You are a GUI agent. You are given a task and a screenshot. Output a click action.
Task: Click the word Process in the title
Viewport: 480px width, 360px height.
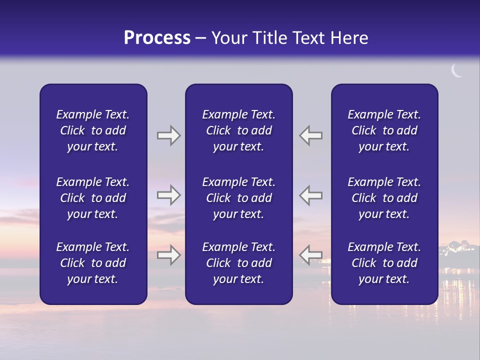157,38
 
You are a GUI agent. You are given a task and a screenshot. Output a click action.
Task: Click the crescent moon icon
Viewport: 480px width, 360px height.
456,70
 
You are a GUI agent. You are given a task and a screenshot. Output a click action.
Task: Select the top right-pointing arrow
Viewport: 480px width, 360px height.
168,135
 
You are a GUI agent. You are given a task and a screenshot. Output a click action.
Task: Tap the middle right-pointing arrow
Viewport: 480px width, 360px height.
168,195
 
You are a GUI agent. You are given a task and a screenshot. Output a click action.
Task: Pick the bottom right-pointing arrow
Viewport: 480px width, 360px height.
168,255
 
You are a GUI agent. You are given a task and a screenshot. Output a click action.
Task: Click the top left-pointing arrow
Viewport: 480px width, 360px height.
310,135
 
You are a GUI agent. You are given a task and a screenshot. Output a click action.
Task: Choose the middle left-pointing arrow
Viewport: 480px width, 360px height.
310,195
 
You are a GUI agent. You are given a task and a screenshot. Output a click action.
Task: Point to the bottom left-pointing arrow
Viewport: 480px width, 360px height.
310,255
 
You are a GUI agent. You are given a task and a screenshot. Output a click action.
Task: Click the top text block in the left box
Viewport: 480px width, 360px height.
93,130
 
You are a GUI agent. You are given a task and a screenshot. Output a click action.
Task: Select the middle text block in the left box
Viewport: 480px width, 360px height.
93,198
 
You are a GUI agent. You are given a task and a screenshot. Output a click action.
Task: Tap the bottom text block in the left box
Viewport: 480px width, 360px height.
93,263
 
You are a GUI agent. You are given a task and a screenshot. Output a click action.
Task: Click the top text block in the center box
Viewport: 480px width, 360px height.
239,130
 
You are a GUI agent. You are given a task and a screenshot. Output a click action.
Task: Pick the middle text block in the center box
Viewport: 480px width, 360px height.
239,198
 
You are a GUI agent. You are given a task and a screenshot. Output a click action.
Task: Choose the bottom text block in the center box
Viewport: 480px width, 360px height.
239,263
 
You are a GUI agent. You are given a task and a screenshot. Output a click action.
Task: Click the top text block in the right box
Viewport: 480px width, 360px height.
384,130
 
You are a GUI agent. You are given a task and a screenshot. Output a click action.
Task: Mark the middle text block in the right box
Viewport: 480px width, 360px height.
384,198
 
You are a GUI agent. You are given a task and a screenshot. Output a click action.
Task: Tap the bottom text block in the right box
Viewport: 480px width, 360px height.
384,263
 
